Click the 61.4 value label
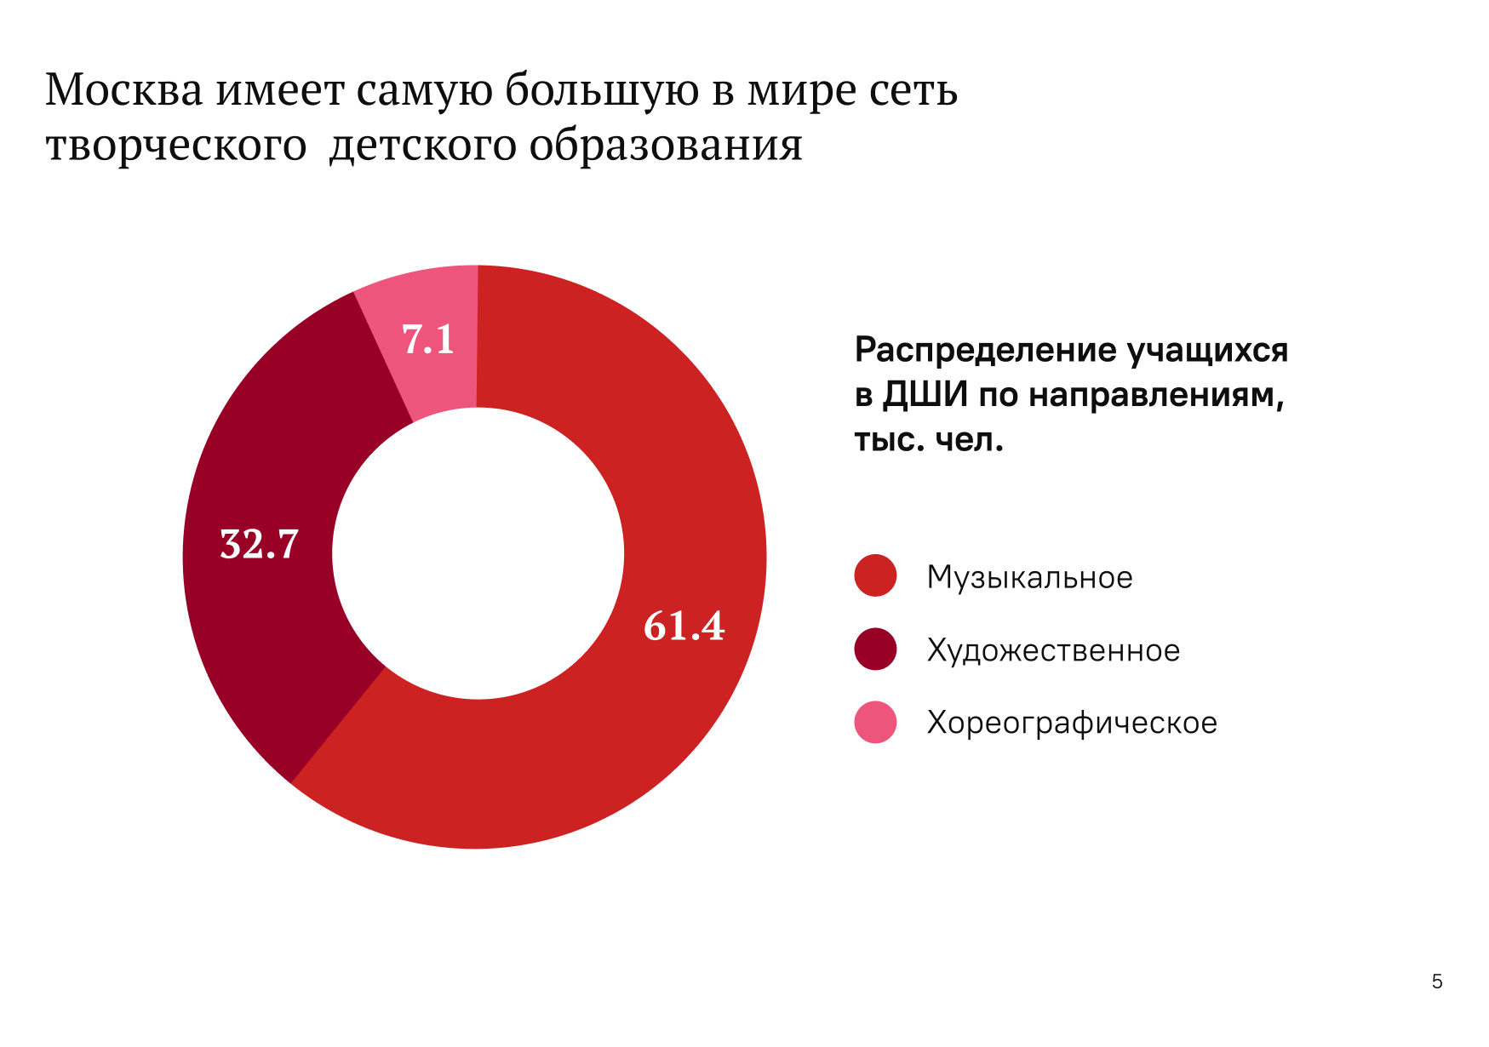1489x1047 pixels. tap(684, 626)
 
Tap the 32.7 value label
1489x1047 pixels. tap(260, 544)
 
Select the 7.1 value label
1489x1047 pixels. tap(428, 340)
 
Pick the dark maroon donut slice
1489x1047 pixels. tap(272, 630)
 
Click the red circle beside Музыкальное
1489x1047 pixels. tap(875, 576)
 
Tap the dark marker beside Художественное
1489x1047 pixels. tap(875, 649)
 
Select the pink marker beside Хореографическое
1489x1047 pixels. tap(875, 723)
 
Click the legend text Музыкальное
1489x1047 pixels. tap(1029, 577)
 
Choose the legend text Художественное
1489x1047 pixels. tap(1053, 650)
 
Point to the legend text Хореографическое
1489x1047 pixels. tap(1072, 723)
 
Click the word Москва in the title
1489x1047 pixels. tap(124, 89)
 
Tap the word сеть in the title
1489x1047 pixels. tap(913, 89)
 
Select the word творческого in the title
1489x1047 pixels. tap(175, 145)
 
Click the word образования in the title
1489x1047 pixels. tap(666, 145)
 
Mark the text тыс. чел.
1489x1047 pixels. tap(929, 440)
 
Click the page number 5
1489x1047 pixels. tap(1437, 981)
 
